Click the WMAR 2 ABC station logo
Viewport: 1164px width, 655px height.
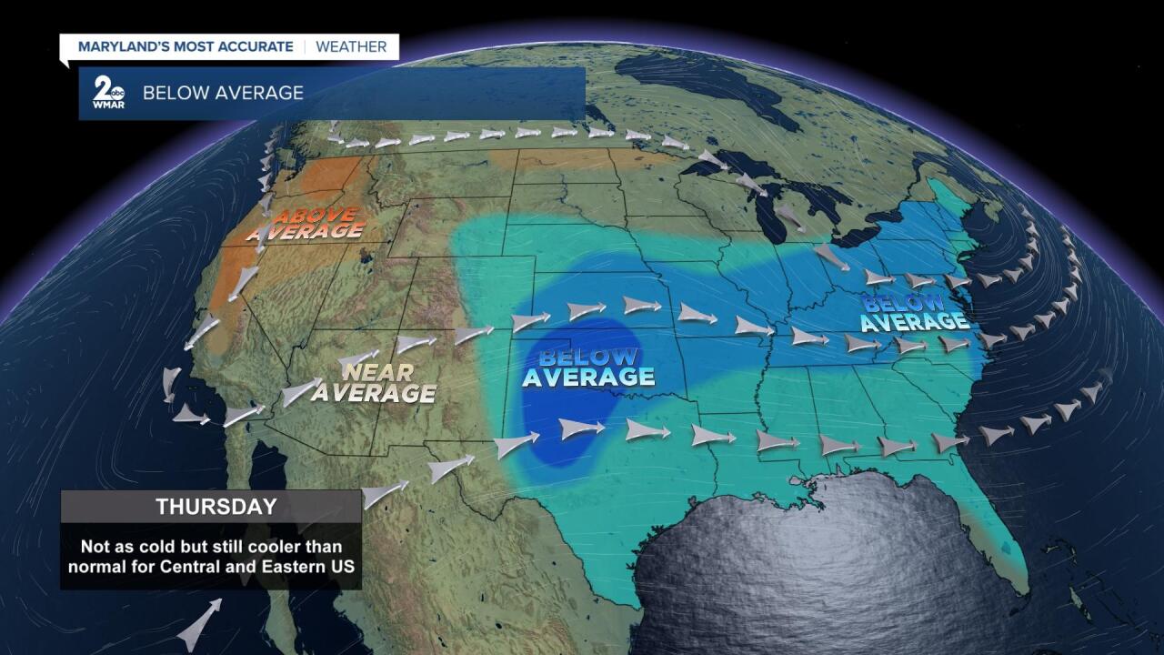point(108,93)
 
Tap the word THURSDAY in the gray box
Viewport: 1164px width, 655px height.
point(210,507)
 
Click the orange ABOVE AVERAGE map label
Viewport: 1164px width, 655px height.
point(305,224)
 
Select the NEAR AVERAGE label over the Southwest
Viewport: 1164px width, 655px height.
point(374,383)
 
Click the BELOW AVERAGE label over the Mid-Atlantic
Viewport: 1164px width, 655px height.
point(913,311)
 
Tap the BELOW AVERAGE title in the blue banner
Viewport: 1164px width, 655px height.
point(223,93)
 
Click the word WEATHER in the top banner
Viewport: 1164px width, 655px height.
point(351,46)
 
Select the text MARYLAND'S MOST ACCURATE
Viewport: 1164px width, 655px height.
point(186,46)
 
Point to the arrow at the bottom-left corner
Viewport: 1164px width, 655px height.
point(198,626)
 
